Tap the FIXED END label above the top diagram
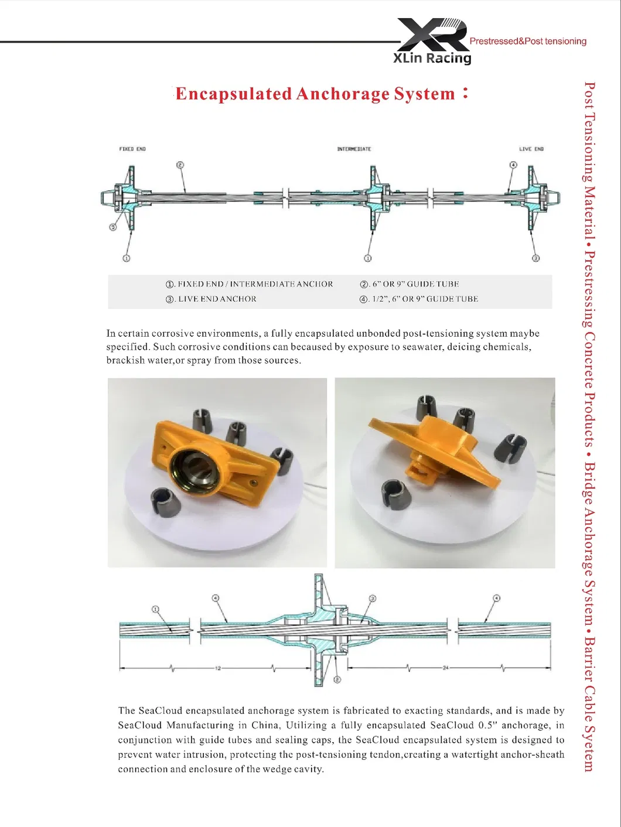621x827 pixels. point(132,149)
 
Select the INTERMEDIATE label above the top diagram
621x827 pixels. point(354,149)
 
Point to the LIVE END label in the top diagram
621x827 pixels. point(531,149)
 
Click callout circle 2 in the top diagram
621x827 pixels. point(180,165)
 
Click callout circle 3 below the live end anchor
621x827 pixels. point(535,258)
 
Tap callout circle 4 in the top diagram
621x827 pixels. point(513,165)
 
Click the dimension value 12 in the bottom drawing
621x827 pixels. point(218,668)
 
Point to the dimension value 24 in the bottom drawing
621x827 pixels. point(445,668)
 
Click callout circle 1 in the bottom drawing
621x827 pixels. point(155,609)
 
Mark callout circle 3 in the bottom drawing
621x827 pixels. point(372,599)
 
